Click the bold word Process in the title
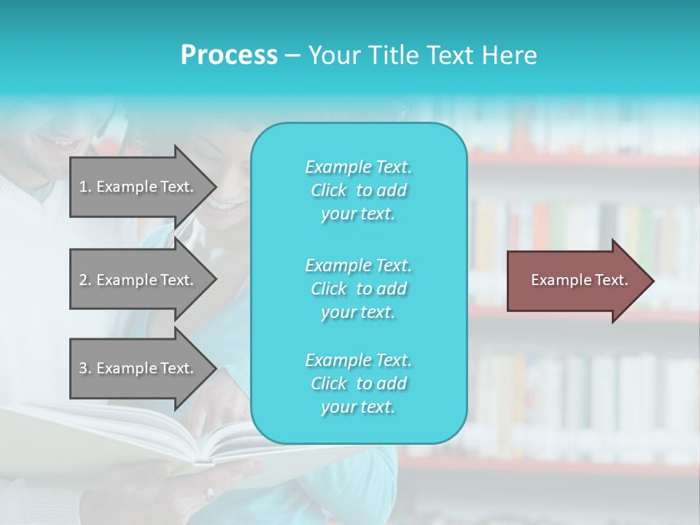[x=229, y=55]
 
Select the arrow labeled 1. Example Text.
[x=139, y=187]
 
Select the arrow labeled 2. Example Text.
[x=139, y=280]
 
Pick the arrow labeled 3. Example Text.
[x=139, y=368]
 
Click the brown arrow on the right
[x=576, y=281]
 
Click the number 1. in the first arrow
[x=85, y=187]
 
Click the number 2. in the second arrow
[x=85, y=280]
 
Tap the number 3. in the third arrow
[x=85, y=368]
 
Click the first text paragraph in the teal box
[x=358, y=190]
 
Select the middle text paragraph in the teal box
[x=358, y=289]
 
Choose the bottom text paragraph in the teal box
[x=358, y=384]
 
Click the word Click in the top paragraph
[x=329, y=190]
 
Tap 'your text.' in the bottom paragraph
[x=358, y=408]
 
